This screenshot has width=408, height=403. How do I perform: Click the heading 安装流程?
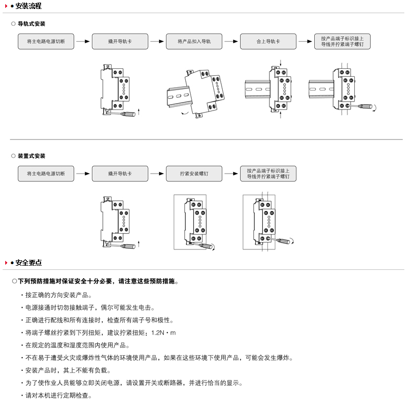pyautogui.click(x=28, y=6)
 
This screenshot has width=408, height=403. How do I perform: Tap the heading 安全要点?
pyautogui.click(x=28, y=263)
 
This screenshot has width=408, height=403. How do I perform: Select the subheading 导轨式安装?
pyautogui.click(x=31, y=24)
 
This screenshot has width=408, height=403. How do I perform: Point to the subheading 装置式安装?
pyautogui.click(x=31, y=156)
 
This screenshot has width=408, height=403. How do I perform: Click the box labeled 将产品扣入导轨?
pyautogui.click(x=194, y=42)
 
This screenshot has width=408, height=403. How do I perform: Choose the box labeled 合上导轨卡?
pyautogui.click(x=268, y=42)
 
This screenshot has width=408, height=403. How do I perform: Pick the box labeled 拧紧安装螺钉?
pyautogui.click(x=194, y=174)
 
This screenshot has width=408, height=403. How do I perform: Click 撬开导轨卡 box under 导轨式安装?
pyautogui.click(x=120, y=42)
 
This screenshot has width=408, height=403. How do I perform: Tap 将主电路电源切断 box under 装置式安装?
pyautogui.click(x=46, y=174)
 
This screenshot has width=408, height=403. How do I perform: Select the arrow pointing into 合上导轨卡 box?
pyautogui.click(x=231, y=42)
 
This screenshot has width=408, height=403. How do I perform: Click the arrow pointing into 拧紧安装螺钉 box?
pyautogui.click(x=157, y=174)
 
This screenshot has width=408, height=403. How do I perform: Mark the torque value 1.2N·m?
pyautogui.click(x=163, y=333)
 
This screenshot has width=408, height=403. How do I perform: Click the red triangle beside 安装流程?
pyautogui.click(x=6, y=6)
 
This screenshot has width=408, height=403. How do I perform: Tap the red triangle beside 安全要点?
pyautogui.click(x=6, y=263)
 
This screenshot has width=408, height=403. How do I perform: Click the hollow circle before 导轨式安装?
pyautogui.click(x=13, y=24)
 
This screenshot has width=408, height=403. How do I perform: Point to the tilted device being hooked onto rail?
pyautogui.click(x=204, y=92)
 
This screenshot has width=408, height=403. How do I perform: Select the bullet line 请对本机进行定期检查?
pyautogui.click(x=58, y=396)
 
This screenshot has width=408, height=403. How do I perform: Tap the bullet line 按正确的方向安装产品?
pyautogui.click(x=58, y=295)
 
